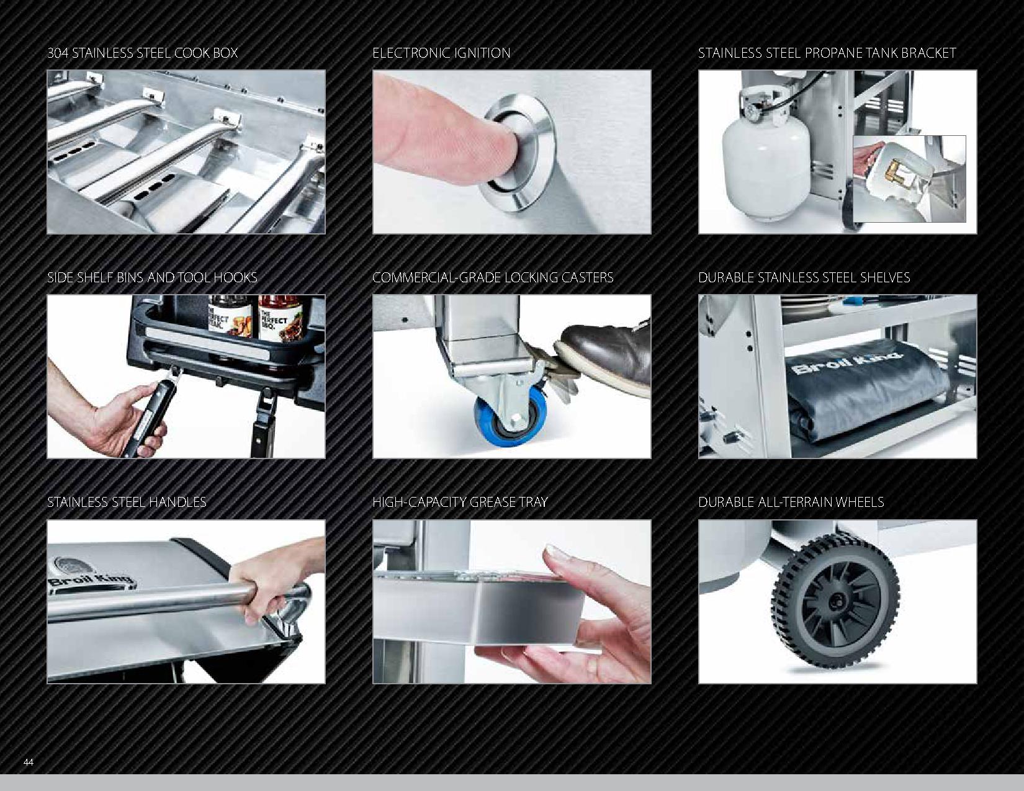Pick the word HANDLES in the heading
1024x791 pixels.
[x=177, y=502]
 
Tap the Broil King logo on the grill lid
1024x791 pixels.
[x=89, y=576]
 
